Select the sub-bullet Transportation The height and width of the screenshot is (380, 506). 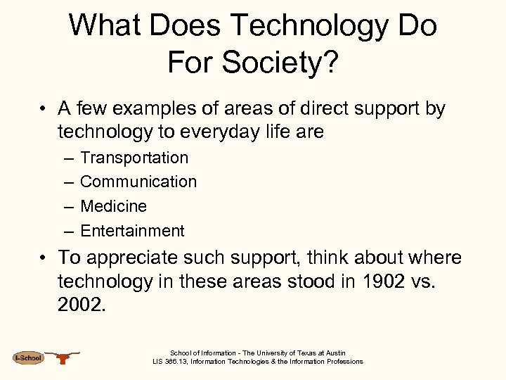[134, 158]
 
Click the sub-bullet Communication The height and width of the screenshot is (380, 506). [138, 182]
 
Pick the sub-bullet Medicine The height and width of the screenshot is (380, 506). [113, 206]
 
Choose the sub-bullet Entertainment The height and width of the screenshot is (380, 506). [132, 231]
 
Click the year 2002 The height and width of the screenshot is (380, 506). [82, 305]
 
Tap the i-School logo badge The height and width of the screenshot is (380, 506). [28, 358]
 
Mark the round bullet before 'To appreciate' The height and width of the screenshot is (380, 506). [44, 258]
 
